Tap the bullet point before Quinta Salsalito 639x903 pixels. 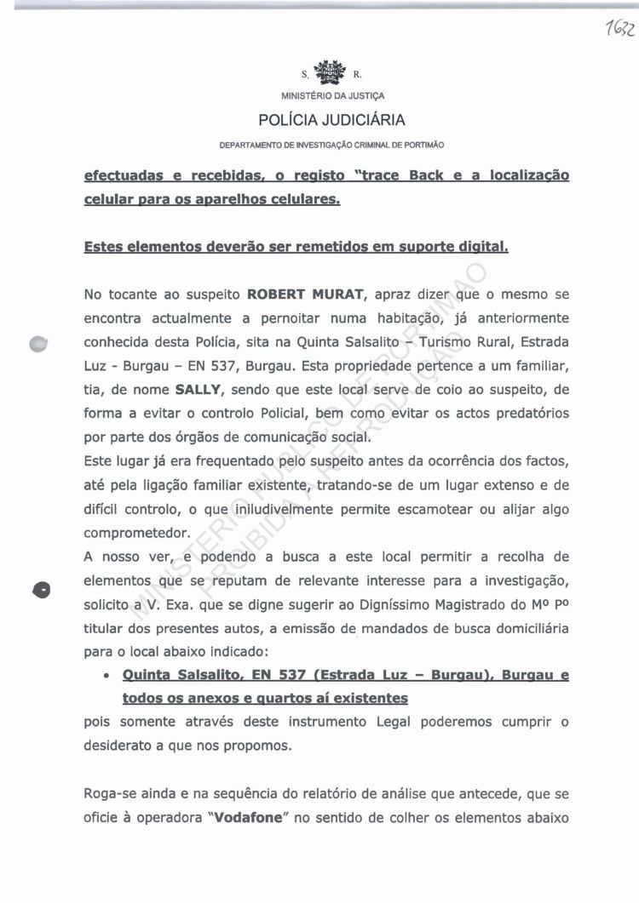click(x=103, y=677)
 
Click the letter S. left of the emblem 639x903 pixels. click(x=304, y=75)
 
